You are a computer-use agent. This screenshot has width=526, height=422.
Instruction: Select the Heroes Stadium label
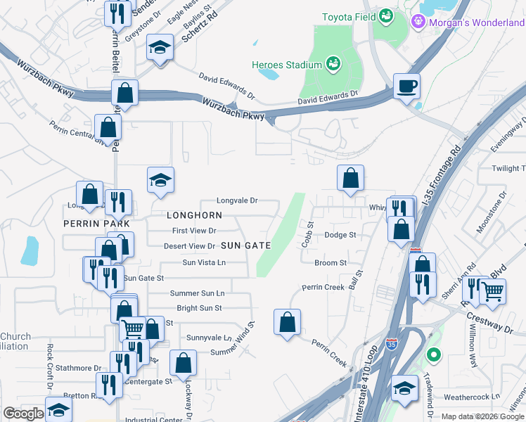[x=286, y=65]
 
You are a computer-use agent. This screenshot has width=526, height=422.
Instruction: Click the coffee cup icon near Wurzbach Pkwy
[x=406, y=87]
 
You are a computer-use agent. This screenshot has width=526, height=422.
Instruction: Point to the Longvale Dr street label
[x=237, y=200]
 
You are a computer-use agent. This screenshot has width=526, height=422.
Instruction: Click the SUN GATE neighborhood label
[x=245, y=245]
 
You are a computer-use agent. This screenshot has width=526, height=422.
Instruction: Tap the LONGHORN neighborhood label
[x=194, y=215]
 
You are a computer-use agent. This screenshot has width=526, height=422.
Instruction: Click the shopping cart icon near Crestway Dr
[x=492, y=290]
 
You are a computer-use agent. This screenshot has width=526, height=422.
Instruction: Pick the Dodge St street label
[x=340, y=235]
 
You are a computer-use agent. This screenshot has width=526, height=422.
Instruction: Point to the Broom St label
[x=331, y=263]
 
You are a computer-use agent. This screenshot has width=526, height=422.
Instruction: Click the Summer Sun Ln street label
[x=198, y=293]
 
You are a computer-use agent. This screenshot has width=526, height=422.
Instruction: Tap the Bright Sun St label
[x=199, y=308]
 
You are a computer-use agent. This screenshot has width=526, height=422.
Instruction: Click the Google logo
[x=23, y=414]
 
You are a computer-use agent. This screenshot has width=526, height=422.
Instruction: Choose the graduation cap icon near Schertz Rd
[x=160, y=49]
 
